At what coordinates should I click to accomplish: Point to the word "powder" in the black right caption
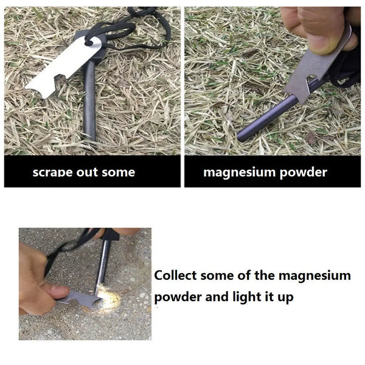tap(303, 172)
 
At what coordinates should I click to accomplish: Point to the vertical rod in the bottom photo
tap(103, 262)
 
